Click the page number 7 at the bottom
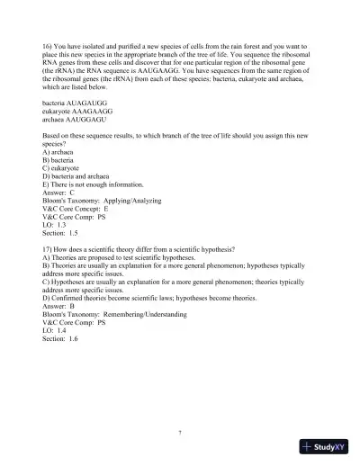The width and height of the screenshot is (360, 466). pos(180,433)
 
